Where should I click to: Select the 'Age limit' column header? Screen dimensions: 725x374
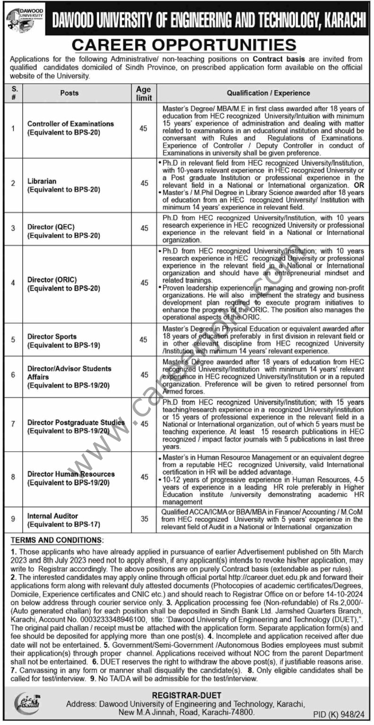click(x=143, y=93)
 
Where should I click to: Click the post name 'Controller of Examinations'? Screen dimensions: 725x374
click(x=70, y=124)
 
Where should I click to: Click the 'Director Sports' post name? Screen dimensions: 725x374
click(x=52, y=337)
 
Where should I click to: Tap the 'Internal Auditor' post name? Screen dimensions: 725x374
click(x=52, y=516)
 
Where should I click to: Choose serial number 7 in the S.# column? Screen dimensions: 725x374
click(x=13, y=423)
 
